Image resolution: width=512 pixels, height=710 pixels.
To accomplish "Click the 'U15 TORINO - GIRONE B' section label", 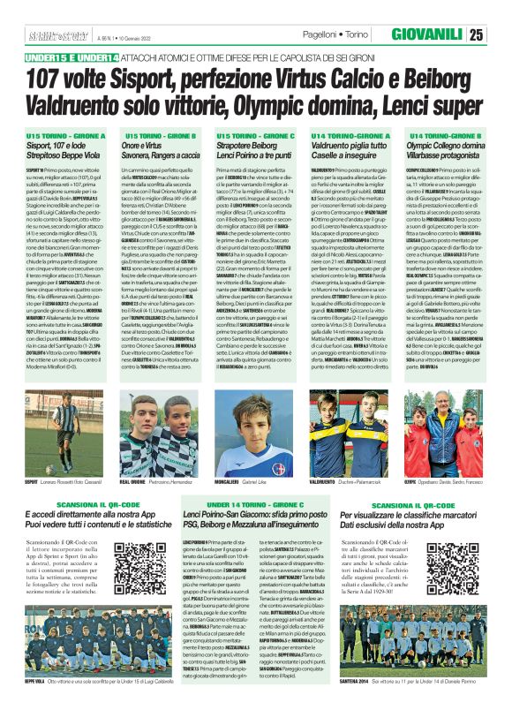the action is tap(152, 136).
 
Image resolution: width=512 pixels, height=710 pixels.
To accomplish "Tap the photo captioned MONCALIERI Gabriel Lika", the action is tap(254, 436).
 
